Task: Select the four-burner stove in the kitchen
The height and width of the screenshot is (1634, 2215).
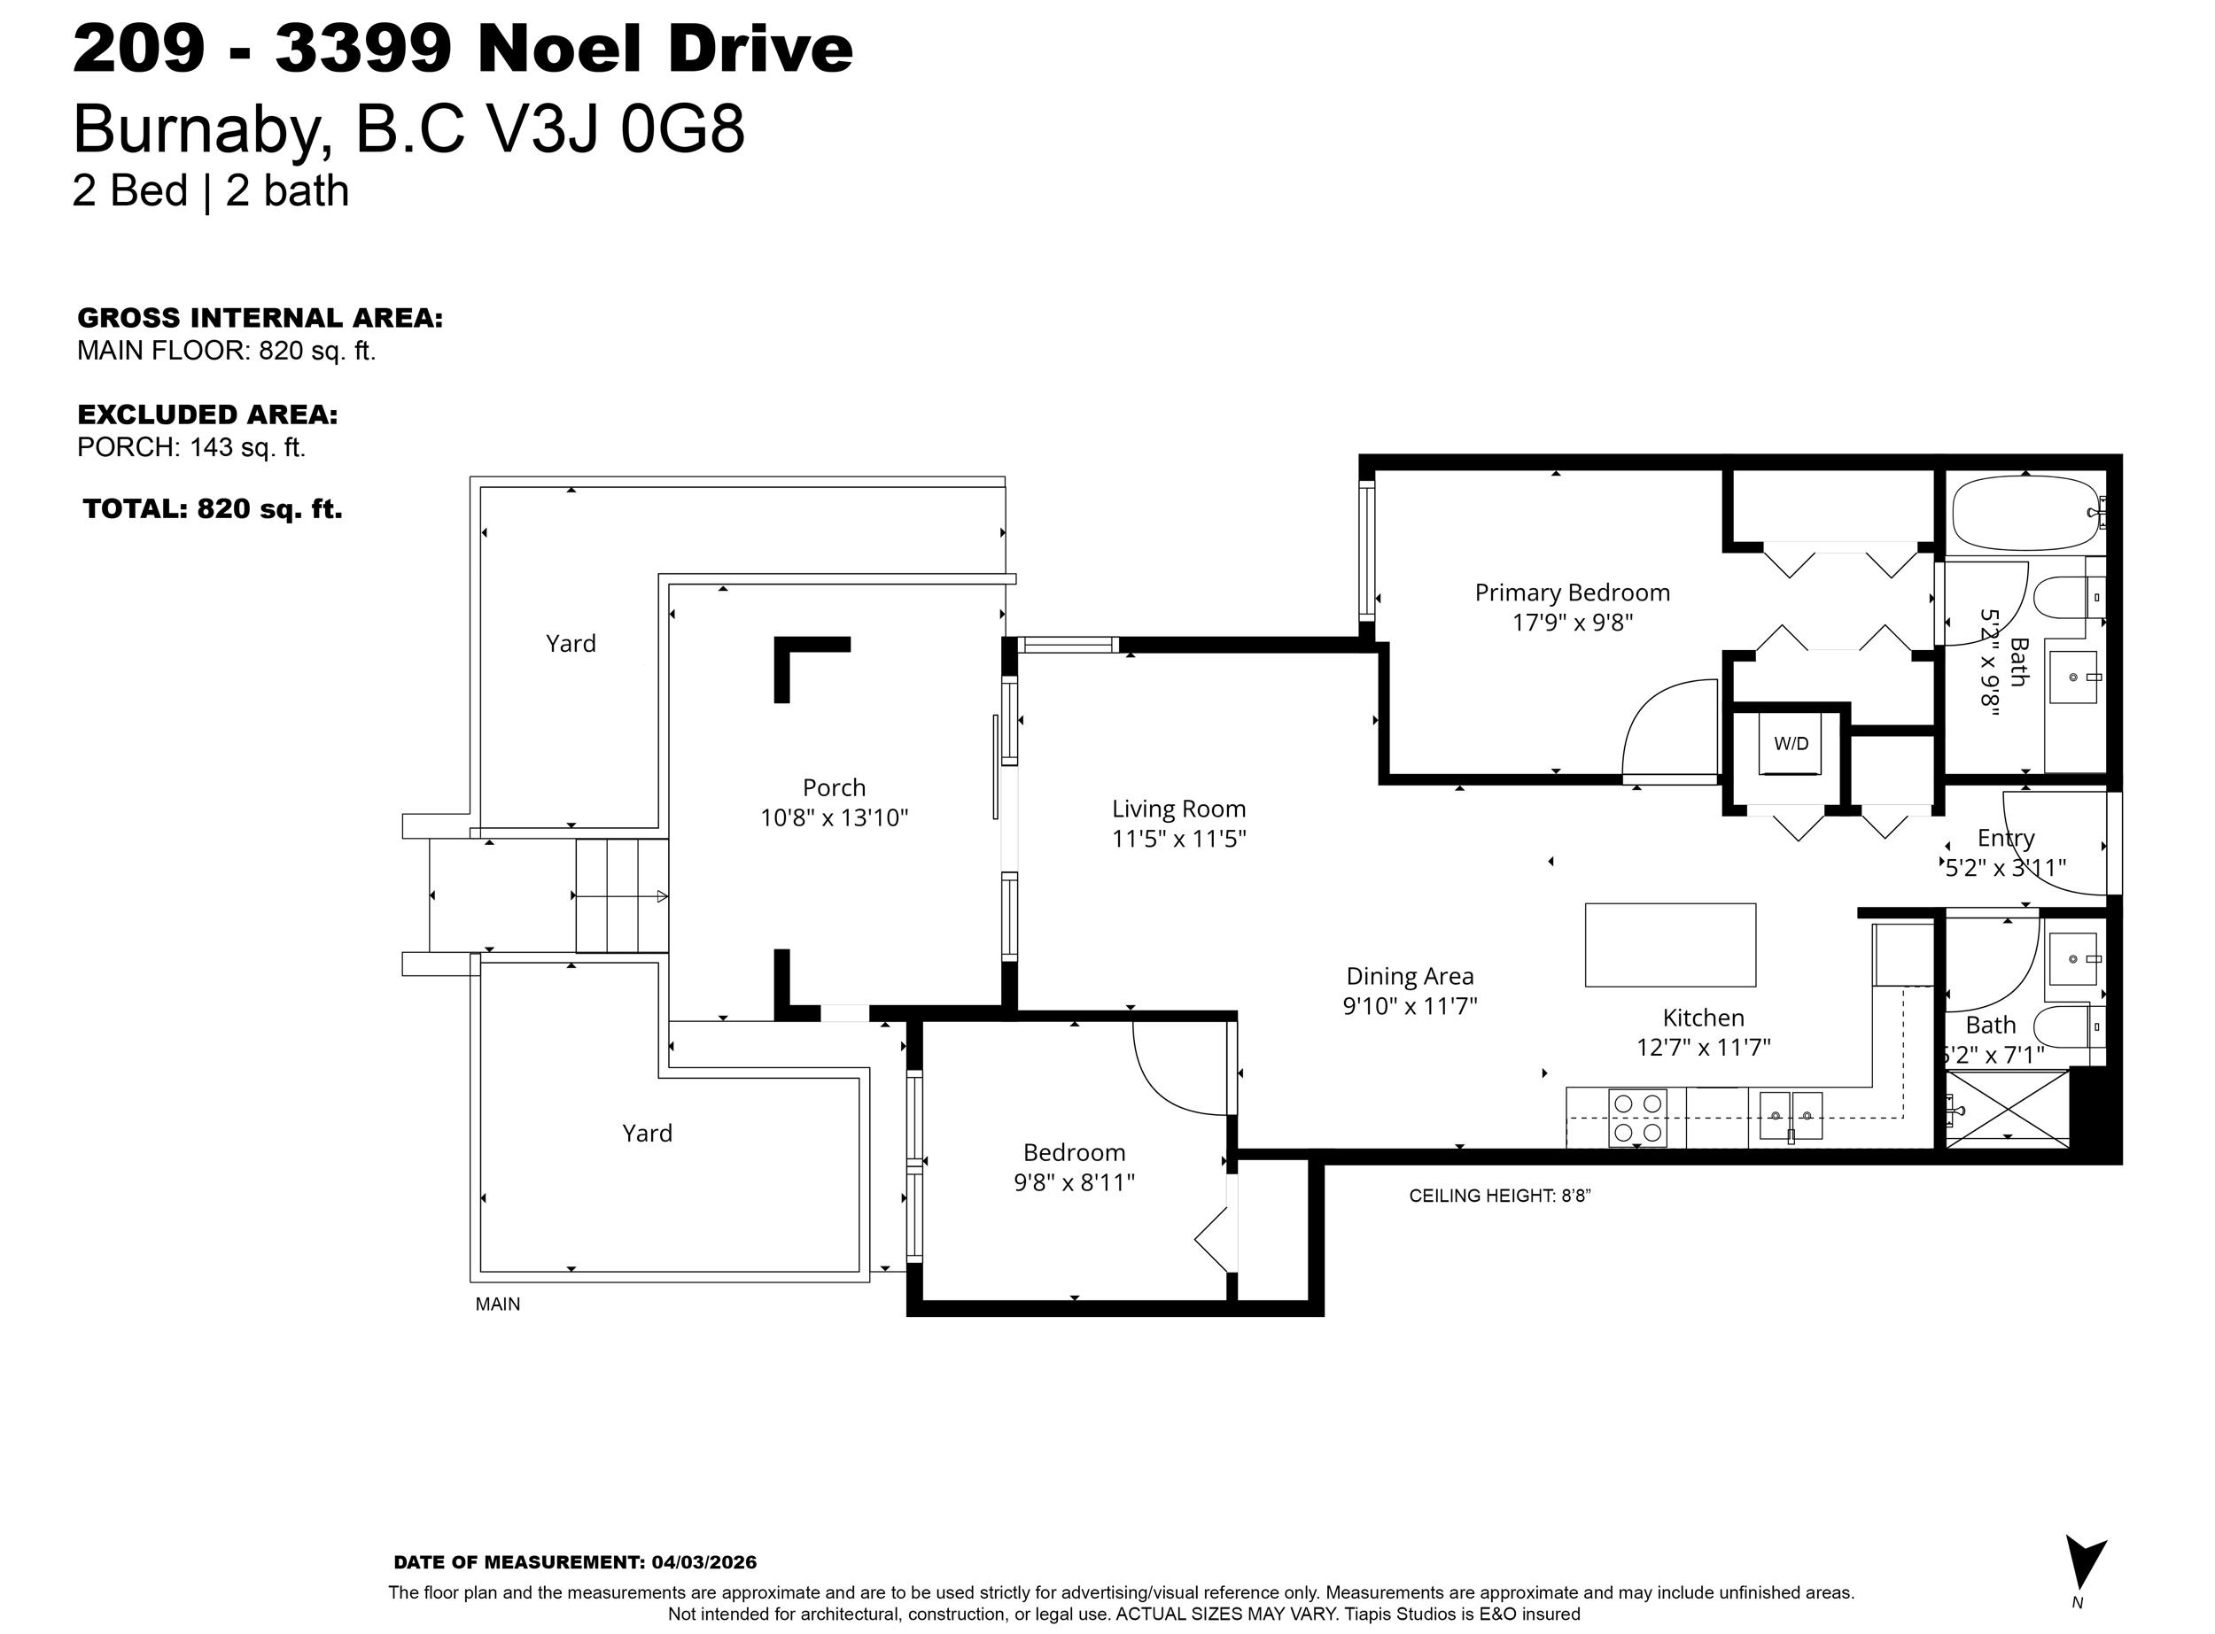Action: pyautogui.click(x=1637, y=1118)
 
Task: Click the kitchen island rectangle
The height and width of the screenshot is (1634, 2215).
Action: pyautogui.click(x=1670, y=945)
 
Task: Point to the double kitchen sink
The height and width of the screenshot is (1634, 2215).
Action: pyautogui.click(x=1791, y=1115)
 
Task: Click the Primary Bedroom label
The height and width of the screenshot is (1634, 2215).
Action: pyautogui.click(x=1572, y=592)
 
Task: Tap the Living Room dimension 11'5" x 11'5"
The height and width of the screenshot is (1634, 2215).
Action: pyautogui.click(x=1178, y=839)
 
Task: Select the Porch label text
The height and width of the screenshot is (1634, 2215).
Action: pyautogui.click(x=834, y=787)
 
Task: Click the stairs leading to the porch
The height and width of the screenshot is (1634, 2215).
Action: pyautogui.click(x=622, y=896)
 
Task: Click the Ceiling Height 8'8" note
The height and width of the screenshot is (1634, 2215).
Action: pyautogui.click(x=1500, y=1196)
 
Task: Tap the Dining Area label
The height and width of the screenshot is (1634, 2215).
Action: pyautogui.click(x=1410, y=976)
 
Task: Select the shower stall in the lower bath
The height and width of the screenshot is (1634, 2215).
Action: pyautogui.click(x=2006, y=1108)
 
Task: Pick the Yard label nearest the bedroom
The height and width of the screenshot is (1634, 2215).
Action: pyautogui.click(x=647, y=1133)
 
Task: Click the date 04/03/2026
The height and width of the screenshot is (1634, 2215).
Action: pyautogui.click(x=704, y=1563)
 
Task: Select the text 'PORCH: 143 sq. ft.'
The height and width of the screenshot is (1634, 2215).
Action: pyautogui.click(x=190, y=447)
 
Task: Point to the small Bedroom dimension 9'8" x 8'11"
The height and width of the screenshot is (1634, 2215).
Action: pyautogui.click(x=1075, y=1182)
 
